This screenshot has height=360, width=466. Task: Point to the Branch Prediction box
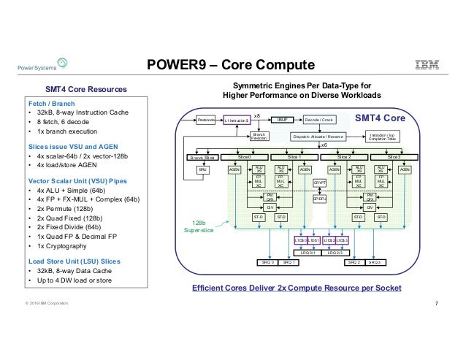[x=259, y=136]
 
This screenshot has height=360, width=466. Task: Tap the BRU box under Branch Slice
[x=204, y=169]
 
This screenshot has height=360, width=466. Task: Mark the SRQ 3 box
[x=376, y=261]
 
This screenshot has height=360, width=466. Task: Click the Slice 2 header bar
[x=345, y=156]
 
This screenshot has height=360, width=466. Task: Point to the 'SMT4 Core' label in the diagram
[x=385, y=117]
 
